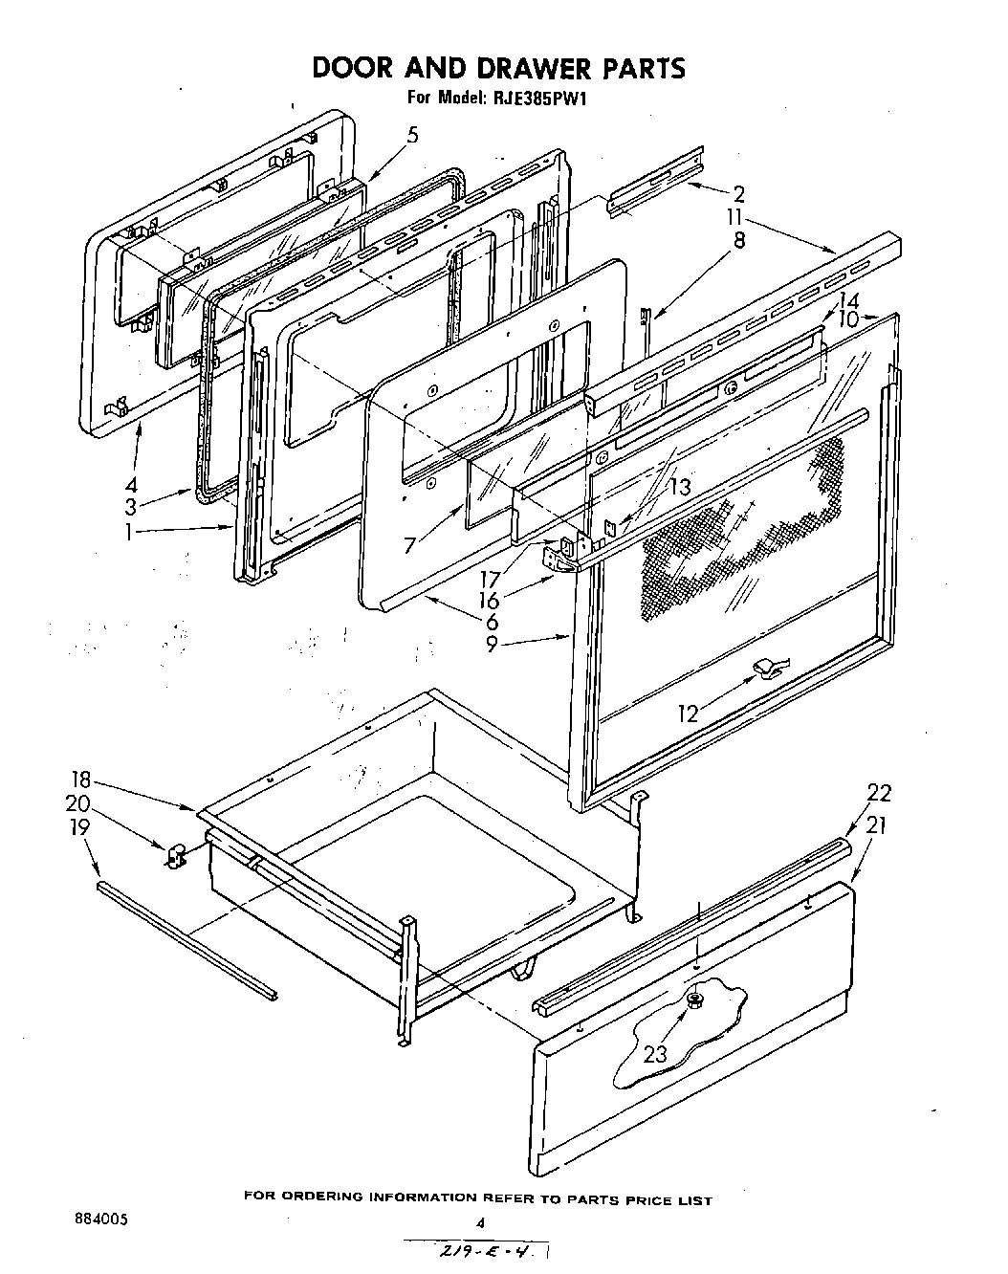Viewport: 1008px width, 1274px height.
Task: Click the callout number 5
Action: pyautogui.click(x=412, y=135)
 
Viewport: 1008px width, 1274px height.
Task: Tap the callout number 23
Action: pyautogui.click(x=654, y=1054)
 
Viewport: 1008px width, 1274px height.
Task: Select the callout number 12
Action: pyautogui.click(x=689, y=712)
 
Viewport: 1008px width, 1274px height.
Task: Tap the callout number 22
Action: pyautogui.click(x=878, y=792)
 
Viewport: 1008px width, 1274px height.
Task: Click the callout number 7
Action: pyautogui.click(x=409, y=546)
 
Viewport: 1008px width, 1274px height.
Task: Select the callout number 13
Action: pyautogui.click(x=679, y=486)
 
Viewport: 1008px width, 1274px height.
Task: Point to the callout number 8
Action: pyautogui.click(x=739, y=241)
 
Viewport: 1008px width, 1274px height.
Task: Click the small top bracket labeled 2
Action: pyautogui.click(x=655, y=183)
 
